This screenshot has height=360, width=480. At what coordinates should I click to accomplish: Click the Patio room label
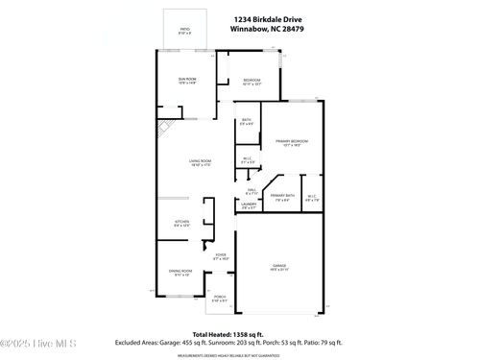[185, 31]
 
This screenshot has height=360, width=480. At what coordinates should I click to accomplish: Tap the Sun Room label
[186, 81]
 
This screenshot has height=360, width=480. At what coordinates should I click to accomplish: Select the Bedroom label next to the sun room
[252, 81]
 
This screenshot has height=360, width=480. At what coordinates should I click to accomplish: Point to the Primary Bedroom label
[291, 142]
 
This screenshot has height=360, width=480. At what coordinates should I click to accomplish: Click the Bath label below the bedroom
[247, 121]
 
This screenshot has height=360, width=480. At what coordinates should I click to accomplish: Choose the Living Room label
[200, 162]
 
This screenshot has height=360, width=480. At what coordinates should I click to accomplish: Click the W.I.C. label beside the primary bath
[311, 199]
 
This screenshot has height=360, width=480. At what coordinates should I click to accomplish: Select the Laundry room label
[248, 205]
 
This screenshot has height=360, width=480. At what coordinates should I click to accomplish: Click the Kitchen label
[181, 223]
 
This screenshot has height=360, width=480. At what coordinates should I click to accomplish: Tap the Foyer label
[220, 257]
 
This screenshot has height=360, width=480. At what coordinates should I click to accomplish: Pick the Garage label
[278, 267]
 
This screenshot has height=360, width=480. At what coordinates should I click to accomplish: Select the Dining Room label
[180, 274]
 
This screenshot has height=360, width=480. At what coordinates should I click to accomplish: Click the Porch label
[219, 298]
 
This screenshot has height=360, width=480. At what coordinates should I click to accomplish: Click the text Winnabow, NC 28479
[262, 28]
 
